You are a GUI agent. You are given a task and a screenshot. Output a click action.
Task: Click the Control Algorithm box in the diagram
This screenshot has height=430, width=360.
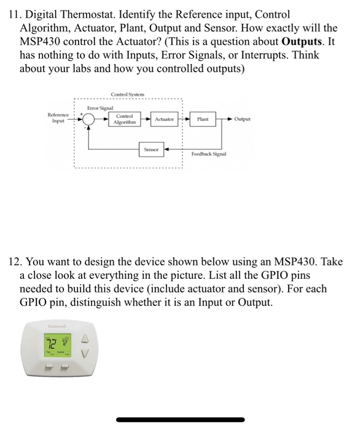[x=124, y=119]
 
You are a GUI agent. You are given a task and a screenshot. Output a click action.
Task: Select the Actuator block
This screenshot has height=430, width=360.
[x=164, y=119]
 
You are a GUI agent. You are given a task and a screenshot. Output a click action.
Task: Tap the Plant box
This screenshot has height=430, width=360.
[x=203, y=119]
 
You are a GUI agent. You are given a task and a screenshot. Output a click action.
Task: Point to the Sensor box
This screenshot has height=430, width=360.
[x=151, y=149]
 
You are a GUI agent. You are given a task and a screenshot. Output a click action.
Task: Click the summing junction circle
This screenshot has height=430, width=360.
[x=89, y=119]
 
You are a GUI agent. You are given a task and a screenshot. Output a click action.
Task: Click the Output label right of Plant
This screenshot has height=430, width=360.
[x=242, y=119]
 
